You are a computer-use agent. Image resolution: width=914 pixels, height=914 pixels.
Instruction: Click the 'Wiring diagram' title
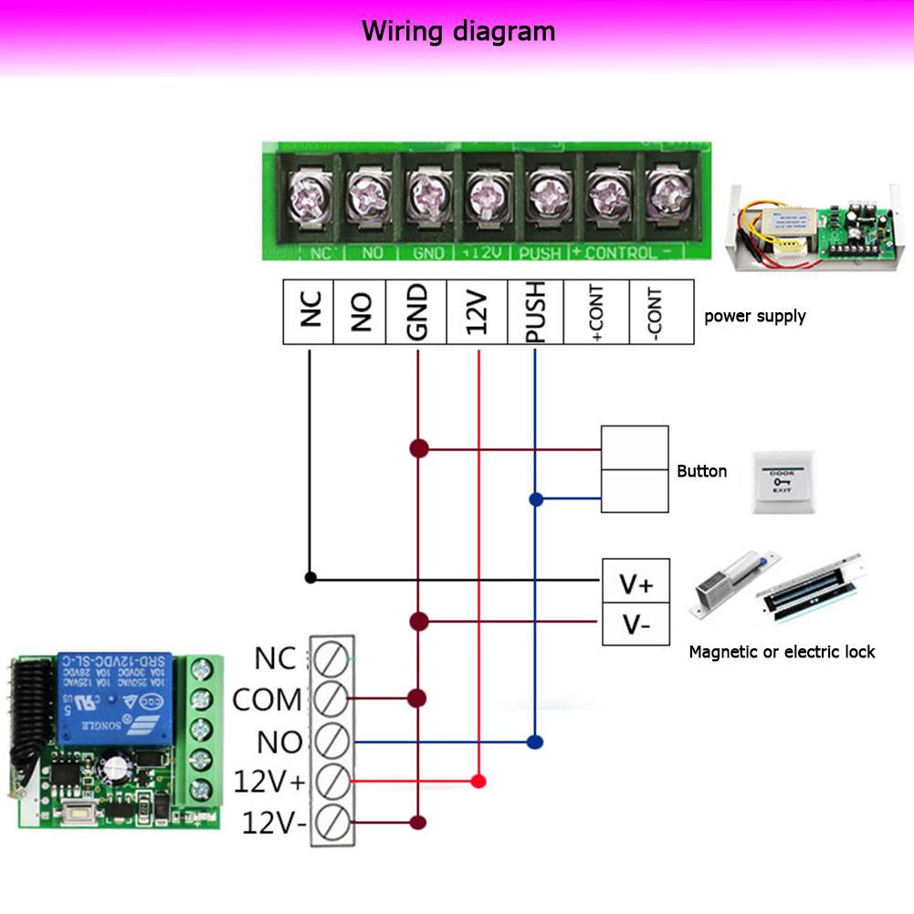coord(458,31)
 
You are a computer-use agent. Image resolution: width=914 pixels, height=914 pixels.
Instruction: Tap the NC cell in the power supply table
coord(309,312)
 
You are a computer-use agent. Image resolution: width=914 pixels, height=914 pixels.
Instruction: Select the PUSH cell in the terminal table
coord(535,312)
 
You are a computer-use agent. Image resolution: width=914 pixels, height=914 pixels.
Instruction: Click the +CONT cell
coord(596,312)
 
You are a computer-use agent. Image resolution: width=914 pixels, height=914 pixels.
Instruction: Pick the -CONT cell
coord(661,312)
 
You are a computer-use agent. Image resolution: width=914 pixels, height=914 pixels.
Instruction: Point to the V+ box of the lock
coord(636,582)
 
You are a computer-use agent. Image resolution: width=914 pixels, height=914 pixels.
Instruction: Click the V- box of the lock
coord(636,625)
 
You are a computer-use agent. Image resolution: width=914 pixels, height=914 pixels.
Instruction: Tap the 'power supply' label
coord(754,317)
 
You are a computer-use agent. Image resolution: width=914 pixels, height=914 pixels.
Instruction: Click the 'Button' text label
coord(701,471)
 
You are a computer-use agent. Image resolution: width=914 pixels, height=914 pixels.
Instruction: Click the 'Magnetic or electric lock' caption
coord(782,652)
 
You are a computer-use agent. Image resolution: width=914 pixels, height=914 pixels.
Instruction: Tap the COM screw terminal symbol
coord(331,699)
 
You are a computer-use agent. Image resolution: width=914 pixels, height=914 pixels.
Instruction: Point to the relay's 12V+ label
coord(268,782)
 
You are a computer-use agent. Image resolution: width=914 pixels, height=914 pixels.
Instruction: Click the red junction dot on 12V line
coord(478,782)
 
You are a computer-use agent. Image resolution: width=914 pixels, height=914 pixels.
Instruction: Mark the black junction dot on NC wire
coord(310,577)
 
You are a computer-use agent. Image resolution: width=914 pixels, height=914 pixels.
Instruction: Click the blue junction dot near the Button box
coord(536,499)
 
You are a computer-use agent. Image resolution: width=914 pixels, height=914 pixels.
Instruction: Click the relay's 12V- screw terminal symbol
coord(331,823)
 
